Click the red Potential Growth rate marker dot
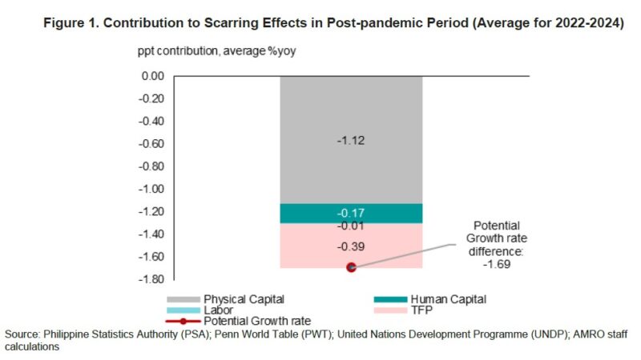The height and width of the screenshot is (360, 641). [x=351, y=267]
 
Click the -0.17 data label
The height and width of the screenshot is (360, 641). [x=351, y=213]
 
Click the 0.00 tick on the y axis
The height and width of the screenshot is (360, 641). [x=151, y=77]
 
